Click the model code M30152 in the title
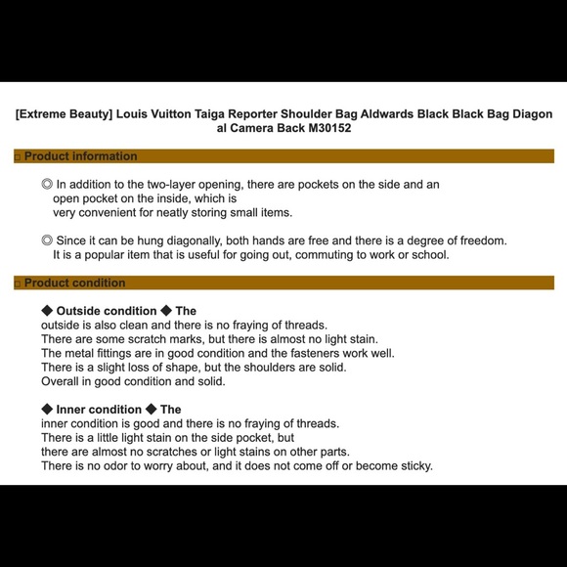(x=329, y=128)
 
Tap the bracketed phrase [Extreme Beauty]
(x=64, y=114)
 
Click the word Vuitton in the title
(x=171, y=114)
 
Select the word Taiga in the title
(x=209, y=114)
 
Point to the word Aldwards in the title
(x=386, y=114)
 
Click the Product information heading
(x=80, y=156)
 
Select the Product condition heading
(x=75, y=283)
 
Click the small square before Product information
(x=18, y=157)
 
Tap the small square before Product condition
(x=18, y=284)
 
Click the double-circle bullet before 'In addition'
(x=47, y=184)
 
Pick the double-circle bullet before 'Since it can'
(x=47, y=240)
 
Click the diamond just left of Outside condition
(x=47, y=310)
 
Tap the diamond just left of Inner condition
(x=47, y=409)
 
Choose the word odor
(x=115, y=465)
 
